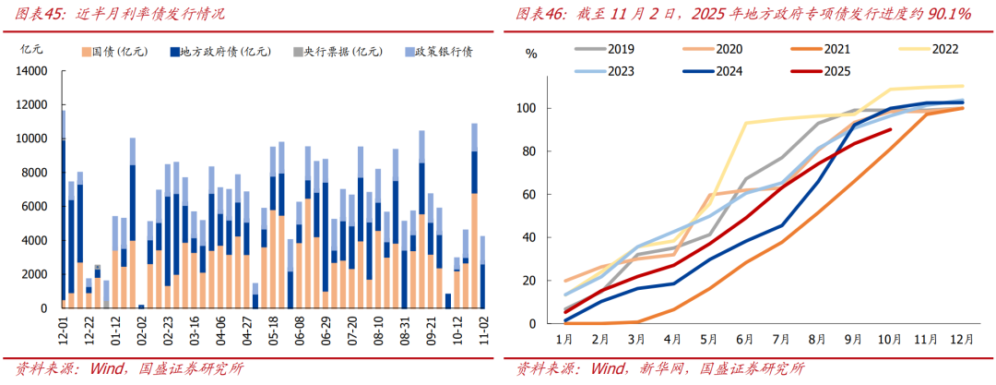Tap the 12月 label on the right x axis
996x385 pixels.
tap(960, 338)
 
